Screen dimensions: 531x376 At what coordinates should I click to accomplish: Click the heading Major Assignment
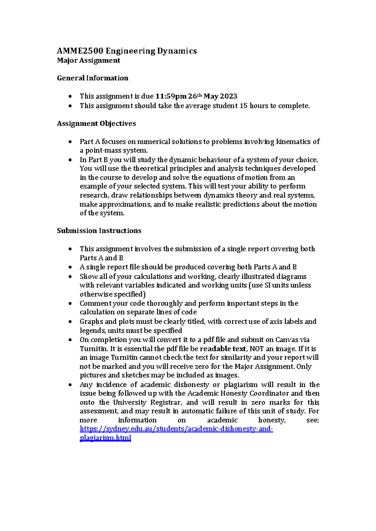pyautogui.click(x=88, y=60)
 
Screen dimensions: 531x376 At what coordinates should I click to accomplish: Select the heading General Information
pyautogui.click(x=92, y=78)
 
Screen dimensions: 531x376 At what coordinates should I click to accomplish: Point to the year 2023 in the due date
pyautogui.click(x=229, y=96)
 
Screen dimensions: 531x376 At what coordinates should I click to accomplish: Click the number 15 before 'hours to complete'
pyautogui.click(x=243, y=106)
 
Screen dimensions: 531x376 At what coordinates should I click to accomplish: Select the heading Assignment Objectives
pyautogui.click(x=96, y=124)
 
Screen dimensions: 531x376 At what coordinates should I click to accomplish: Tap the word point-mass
pyautogui.click(x=101, y=150)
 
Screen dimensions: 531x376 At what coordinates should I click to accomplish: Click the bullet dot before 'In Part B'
pyautogui.click(x=70, y=160)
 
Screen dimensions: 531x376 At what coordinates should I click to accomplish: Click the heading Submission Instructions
pyautogui.click(x=99, y=231)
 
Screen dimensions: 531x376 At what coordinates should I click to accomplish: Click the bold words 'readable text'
pyautogui.click(x=223, y=349)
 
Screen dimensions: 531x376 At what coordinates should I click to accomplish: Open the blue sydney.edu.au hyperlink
pyautogui.click(x=176, y=429)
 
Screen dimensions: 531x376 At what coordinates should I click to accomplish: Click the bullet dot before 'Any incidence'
pyautogui.click(x=70, y=385)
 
